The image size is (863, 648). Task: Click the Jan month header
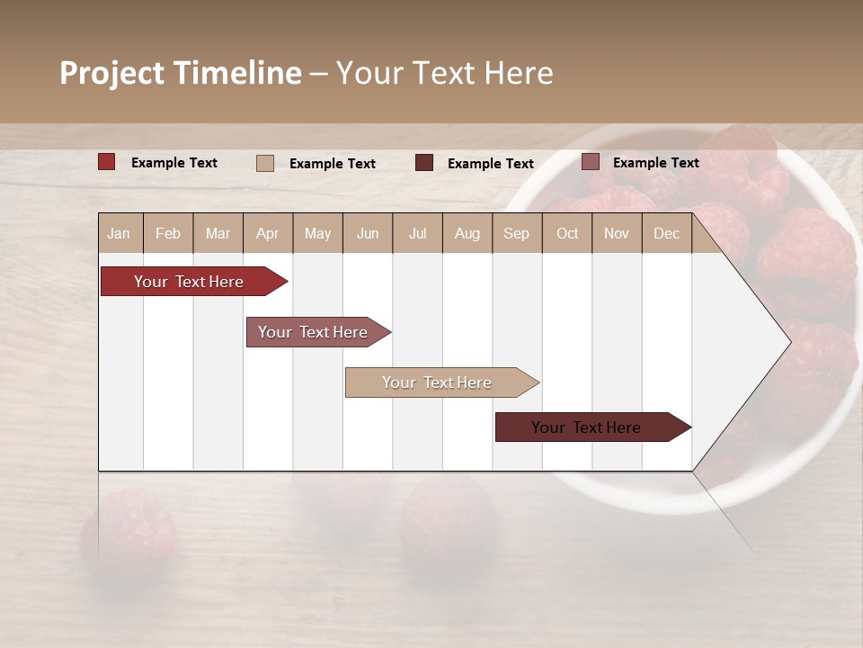click(x=119, y=233)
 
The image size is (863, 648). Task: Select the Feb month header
click(x=168, y=233)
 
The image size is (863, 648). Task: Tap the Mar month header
click(x=218, y=233)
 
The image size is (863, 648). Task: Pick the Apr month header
click(x=267, y=233)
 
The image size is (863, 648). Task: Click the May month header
click(x=317, y=233)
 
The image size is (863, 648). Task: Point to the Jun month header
click(x=368, y=233)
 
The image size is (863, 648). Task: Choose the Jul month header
click(x=417, y=233)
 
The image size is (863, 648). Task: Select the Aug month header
click(x=467, y=233)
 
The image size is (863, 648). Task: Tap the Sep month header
click(x=516, y=233)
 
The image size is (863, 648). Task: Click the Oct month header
click(x=567, y=233)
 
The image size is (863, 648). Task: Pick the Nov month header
click(x=617, y=233)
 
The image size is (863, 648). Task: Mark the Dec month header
click(x=666, y=233)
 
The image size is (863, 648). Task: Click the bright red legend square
click(x=107, y=162)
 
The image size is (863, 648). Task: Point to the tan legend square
click(x=265, y=163)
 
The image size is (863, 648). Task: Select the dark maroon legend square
click(x=424, y=162)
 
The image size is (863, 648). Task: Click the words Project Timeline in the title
click(x=181, y=73)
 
